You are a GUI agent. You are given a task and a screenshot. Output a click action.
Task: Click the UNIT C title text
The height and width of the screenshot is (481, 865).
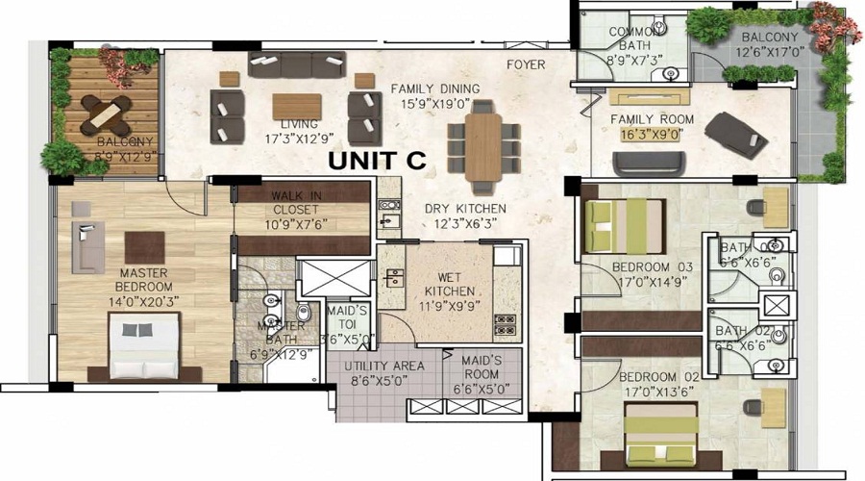click(x=376, y=161)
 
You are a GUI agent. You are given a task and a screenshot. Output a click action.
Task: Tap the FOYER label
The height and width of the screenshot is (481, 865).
click(x=526, y=64)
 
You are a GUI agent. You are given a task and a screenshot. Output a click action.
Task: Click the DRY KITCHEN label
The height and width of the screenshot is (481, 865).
click(x=465, y=209)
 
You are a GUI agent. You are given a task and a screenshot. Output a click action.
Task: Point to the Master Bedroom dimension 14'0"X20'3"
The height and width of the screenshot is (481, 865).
click(x=145, y=299)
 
